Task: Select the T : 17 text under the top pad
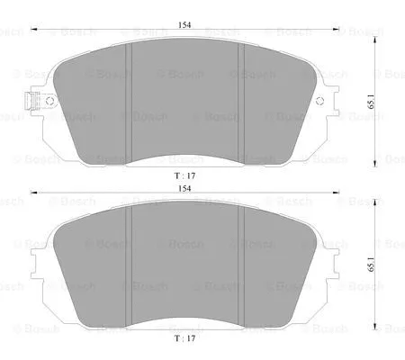point(184,175)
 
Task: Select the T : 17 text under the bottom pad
point(184,340)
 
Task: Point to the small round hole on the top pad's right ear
point(319,103)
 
